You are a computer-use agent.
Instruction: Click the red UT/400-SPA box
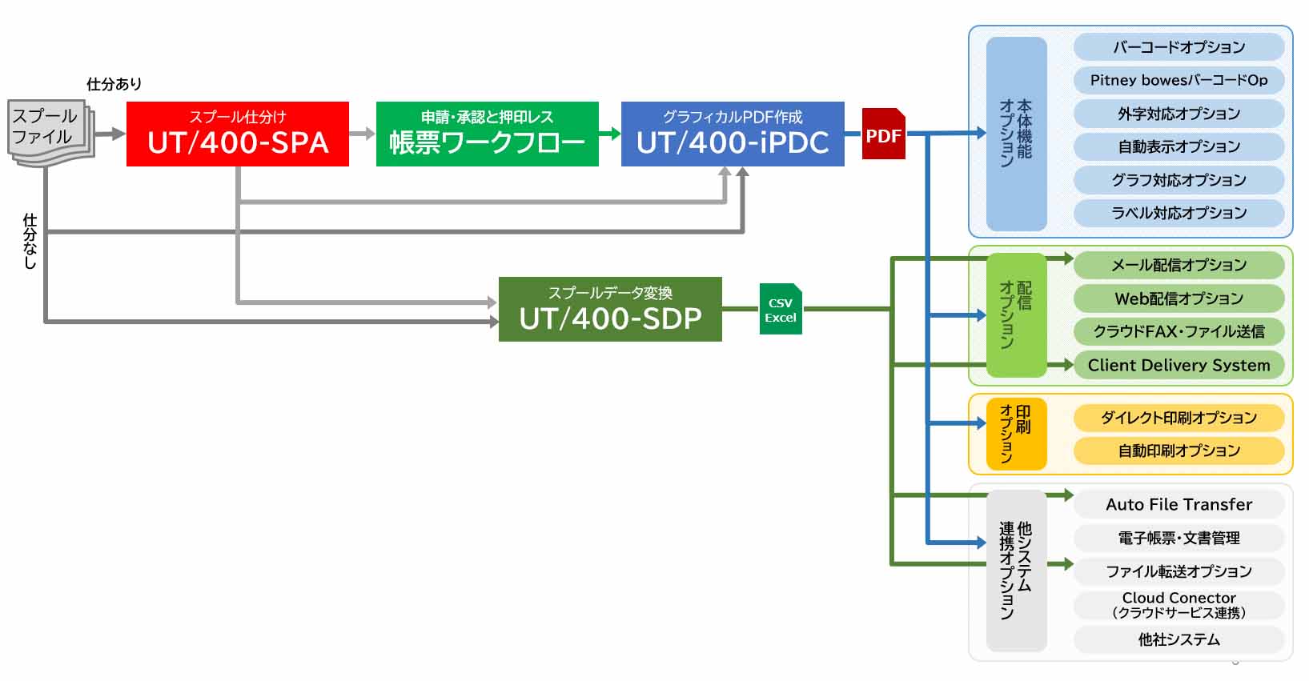pyautogui.click(x=238, y=134)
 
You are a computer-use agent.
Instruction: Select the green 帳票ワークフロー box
pyautogui.click(x=487, y=134)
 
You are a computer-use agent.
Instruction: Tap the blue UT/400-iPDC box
pyautogui.click(x=733, y=134)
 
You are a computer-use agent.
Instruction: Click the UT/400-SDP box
pyautogui.click(x=610, y=309)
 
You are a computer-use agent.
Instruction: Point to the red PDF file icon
pyautogui.click(x=883, y=134)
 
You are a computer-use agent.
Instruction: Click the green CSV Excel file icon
pyautogui.click(x=781, y=309)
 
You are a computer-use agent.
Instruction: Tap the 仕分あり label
pyautogui.click(x=114, y=84)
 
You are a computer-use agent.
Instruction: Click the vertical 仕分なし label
pyautogui.click(x=30, y=241)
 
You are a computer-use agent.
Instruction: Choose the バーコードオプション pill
pyautogui.click(x=1179, y=47)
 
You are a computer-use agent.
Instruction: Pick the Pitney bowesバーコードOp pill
pyautogui.click(x=1179, y=80)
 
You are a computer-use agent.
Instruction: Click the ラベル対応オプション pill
pyautogui.click(x=1179, y=213)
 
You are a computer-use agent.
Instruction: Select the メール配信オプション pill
pyautogui.click(x=1179, y=265)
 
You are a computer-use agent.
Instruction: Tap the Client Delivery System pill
pyautogui.click(x=1179, y=365)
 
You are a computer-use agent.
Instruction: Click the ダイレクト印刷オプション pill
pyautogui.click(x=1179, y=418)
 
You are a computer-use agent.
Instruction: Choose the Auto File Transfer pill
pyautogui.click(x=1179, y=504)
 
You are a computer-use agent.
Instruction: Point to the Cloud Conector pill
pyautogui.click(x=1179, y=605)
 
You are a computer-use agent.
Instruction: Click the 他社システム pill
pyautogui.click(x=1179, y=639)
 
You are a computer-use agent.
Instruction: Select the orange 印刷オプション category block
pyautogui.click(x=1016, y=433)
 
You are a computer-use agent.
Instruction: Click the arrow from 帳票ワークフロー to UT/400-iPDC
pyautogui.click(x=610, y=134)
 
